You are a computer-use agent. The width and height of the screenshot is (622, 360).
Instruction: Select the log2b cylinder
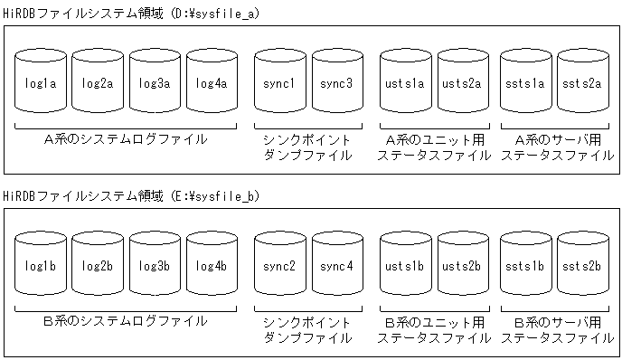pos(99,265)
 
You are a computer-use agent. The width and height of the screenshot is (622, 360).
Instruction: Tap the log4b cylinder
pos(211,265)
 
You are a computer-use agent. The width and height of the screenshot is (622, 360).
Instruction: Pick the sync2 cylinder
pos(280,265)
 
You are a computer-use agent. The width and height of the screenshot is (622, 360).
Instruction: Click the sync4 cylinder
pos(336,265)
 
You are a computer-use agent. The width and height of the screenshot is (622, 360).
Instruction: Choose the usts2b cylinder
pos(462,265)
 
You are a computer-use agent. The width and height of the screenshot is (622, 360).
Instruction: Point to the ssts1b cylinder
pos(526,265)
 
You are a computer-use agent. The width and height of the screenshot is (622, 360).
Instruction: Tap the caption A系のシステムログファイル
pos(126,139)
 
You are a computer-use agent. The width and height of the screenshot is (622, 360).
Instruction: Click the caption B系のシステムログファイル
pos(126,321)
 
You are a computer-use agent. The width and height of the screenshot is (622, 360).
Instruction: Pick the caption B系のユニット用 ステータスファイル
pos(434,329)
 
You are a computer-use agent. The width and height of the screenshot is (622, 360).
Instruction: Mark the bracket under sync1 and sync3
pos(308,126)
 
